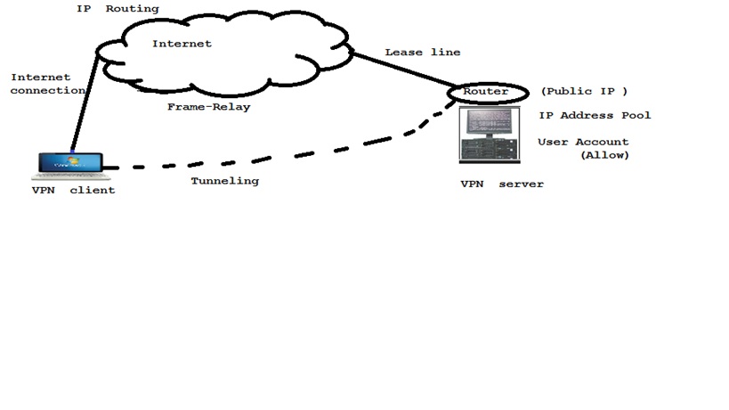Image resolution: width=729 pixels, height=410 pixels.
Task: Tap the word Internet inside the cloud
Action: (182, 44)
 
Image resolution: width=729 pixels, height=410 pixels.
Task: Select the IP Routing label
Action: (117, 9)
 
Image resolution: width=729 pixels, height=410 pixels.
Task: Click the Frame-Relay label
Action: (209, 106)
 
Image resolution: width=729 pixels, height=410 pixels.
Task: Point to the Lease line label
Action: (422, 53)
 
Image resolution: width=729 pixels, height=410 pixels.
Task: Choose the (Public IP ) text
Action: (584, 92)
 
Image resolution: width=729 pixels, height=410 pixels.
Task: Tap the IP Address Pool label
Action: (595, 116)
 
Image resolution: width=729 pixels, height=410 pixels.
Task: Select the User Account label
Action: (583, 143)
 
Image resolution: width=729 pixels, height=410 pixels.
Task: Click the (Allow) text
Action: (604, 155)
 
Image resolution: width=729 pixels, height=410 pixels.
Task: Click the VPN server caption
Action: (501, 184)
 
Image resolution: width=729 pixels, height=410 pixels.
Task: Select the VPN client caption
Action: (73, 190)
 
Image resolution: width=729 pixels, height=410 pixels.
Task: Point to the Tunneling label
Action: (224, 181)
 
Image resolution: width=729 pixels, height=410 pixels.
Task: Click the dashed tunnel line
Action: (267, 158)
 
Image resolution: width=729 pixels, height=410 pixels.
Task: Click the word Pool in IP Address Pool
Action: (637, 116)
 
